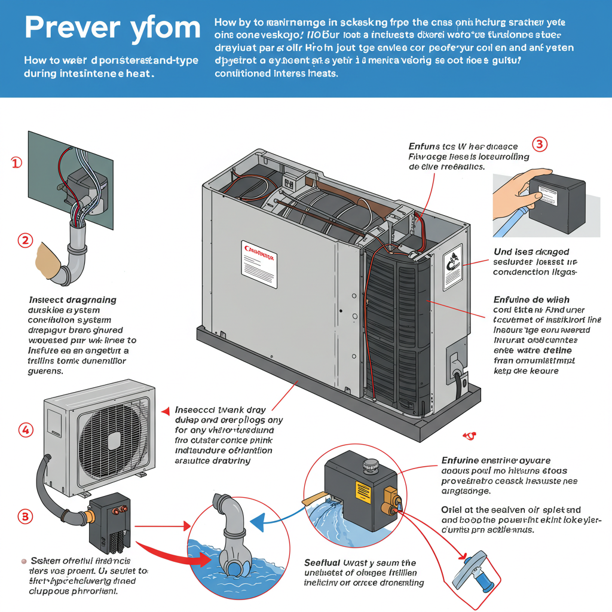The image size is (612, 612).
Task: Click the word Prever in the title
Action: [74, 28]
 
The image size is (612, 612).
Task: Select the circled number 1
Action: [17, 163]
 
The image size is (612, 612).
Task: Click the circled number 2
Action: [25, 240]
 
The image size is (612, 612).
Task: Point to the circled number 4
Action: [26, 429]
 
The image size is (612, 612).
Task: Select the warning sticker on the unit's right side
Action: [452, 262]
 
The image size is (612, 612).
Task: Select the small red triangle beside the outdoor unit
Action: [166, 411]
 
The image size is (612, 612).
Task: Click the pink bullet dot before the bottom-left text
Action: [23, 561]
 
